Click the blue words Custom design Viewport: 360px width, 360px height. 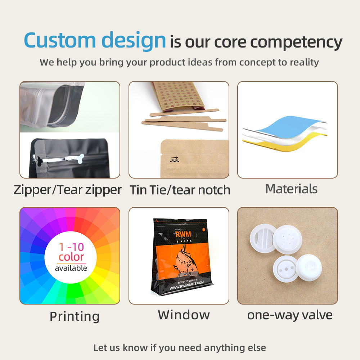tap(95, 41)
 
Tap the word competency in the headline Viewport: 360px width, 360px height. tap(296, 43)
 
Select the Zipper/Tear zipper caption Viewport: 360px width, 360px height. tap(68, 190)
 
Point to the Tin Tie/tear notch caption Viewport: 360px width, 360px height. tap(180, 190)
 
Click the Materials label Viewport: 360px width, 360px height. tap(291, 189)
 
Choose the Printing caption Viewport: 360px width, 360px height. tap(75, 316)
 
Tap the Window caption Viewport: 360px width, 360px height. tap(184, 315)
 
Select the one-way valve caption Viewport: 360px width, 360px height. tap(290, 315)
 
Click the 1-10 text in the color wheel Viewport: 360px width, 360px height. tap(71, 247)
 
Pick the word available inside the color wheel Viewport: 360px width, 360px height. tap(71, 268)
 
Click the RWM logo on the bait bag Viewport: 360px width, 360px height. tap(183, 234)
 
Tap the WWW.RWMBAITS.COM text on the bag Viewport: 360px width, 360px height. tap(186, 285)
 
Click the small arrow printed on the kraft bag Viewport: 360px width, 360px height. tap(175, 158)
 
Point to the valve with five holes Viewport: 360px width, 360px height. tap(287, 239)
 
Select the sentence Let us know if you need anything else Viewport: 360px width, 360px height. tap(180, 348)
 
